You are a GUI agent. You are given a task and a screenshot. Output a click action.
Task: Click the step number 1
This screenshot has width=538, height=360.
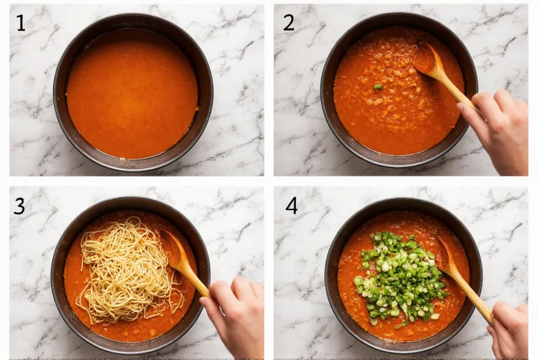[21, 23]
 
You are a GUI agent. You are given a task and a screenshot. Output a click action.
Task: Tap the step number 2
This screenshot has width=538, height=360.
[289, 23]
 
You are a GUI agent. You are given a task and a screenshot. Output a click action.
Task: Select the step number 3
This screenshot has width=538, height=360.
[20, 206]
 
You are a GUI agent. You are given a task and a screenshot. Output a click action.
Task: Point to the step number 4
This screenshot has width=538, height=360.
[291, 206]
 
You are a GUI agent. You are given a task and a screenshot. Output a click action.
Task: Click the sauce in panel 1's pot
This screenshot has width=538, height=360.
[132, 93]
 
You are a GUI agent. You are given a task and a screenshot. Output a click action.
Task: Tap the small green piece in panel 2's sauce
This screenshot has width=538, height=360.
[378, 87]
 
